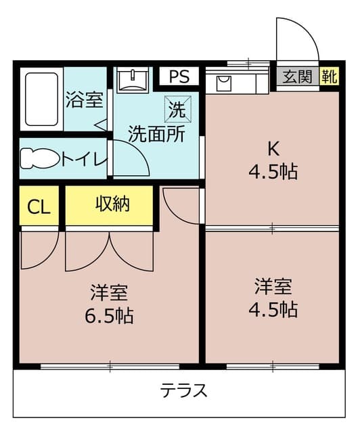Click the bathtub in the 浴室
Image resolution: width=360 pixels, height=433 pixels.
(x=41, y=99)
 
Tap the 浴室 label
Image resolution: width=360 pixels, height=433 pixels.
(x=85, y=101)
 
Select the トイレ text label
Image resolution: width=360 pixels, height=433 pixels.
(x=84, y=160)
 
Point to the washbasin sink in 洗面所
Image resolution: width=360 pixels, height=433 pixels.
(x=132, y=81)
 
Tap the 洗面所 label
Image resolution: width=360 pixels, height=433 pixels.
(x=156, y=134)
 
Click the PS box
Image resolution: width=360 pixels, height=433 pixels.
(x=179, y=76)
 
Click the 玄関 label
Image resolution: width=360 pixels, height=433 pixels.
(x=297, y=76)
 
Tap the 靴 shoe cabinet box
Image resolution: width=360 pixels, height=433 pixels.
(x=329, y=76)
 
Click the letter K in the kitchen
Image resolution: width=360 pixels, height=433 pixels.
(x=274, y=148)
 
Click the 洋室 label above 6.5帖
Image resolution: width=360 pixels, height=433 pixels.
(x=110, y=294)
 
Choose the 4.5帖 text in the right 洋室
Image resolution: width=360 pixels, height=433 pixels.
(x=274, y=309)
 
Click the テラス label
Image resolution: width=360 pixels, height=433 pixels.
(x=183, y=390)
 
